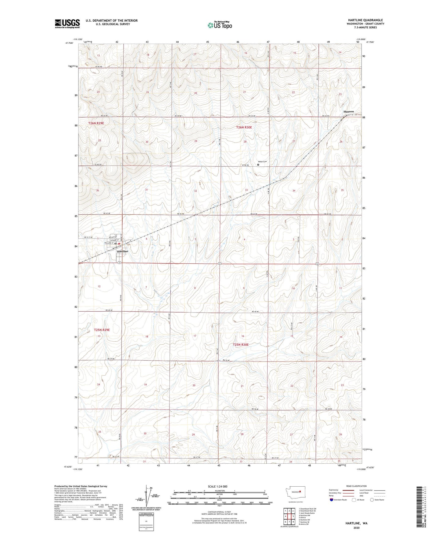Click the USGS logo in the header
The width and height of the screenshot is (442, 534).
point(67,24)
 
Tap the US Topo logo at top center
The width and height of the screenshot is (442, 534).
point(219,25)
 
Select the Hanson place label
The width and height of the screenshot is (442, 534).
point(348,112)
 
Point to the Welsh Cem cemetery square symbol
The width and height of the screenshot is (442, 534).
point(258,165)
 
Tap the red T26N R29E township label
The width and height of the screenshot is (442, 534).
point(96,123)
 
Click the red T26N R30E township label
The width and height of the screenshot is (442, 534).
point(244,127)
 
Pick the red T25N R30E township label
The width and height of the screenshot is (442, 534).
point(241,345)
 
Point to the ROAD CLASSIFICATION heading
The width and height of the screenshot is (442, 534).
point(356,486)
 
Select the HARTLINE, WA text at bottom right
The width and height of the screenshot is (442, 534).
point(356,523)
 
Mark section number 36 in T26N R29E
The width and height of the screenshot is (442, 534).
point(98,191)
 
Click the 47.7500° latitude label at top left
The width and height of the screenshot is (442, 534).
point(69,43)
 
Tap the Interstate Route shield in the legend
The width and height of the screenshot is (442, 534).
point(332,500)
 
